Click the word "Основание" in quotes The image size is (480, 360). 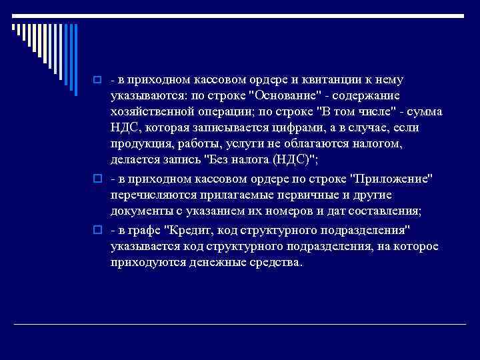(x=280, y=96)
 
